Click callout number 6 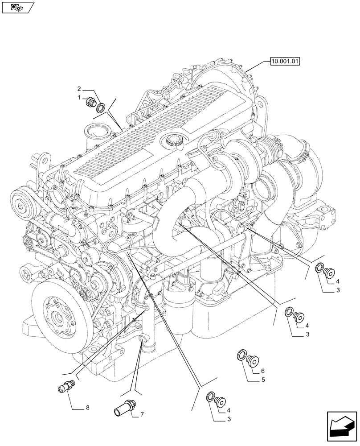pos(263,371)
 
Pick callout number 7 pos(142,415)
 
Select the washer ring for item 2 pos(102,107)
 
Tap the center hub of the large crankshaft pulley pos(57,318)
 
